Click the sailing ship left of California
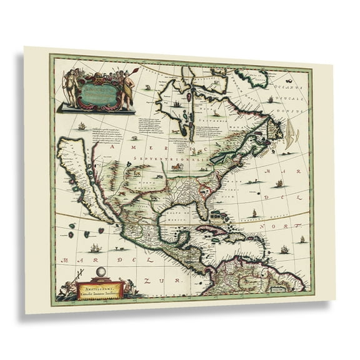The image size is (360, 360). coord(81,127)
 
